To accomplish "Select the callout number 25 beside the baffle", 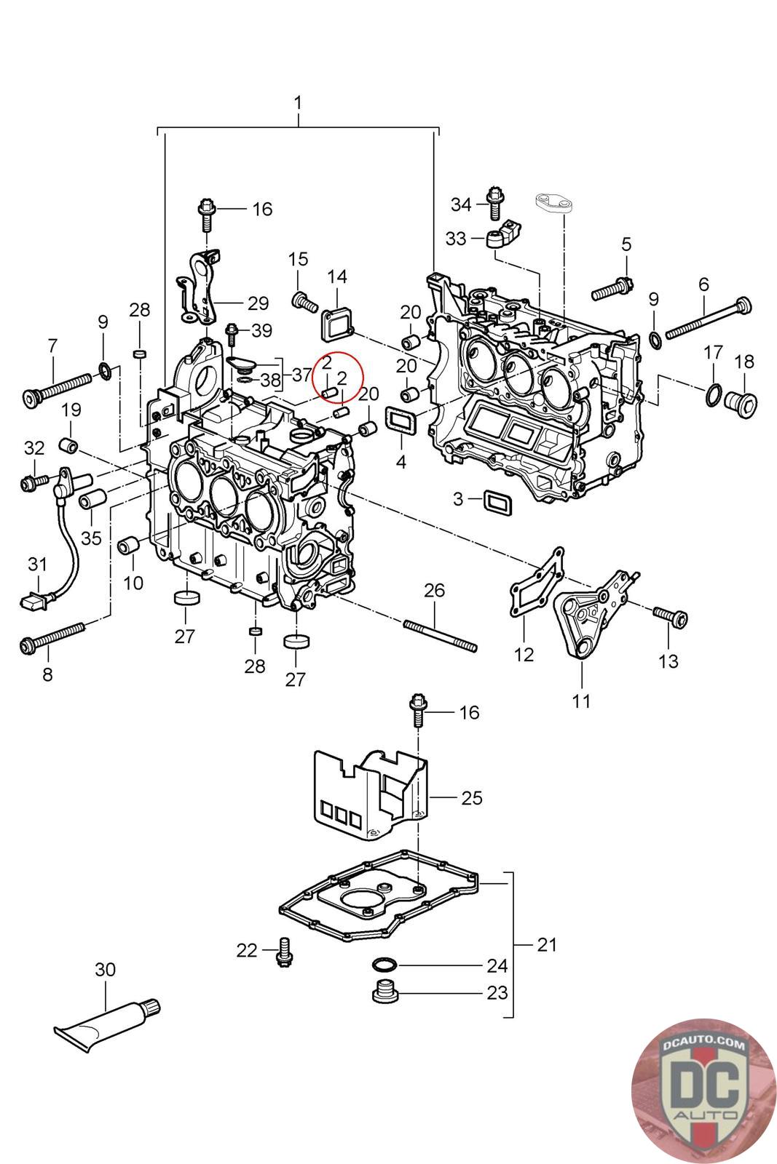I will (x=472, y=797).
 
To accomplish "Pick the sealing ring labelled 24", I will (x=384, y=965).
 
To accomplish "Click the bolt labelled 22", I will (x=284, y=952).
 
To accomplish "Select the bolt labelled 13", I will (x=671, y=617).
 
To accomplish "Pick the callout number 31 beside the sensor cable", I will (x=37, y=564).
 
